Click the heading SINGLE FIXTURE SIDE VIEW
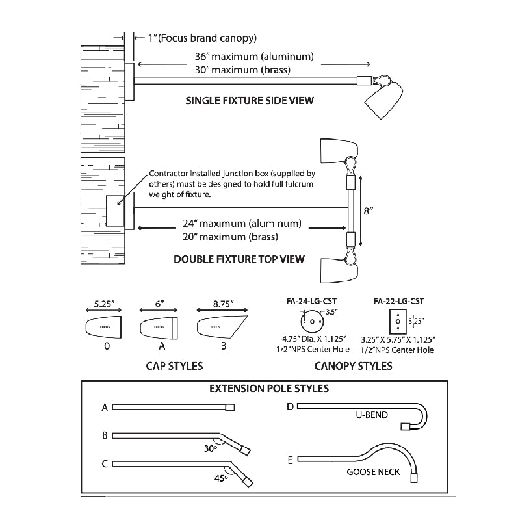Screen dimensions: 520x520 [250, 101]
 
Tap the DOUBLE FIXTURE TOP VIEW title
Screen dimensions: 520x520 [239, 259]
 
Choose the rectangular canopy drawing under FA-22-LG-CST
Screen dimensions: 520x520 [396, 320]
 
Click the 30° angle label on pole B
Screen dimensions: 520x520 [210, 448]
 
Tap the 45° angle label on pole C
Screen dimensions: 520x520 [221, 478]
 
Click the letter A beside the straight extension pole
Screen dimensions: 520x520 [104, 408]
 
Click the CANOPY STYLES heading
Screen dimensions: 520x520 [353, 366]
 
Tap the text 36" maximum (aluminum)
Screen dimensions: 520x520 [253, 56]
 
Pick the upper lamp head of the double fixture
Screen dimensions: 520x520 [338, 151]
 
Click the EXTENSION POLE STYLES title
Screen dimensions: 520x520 [268, 389]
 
